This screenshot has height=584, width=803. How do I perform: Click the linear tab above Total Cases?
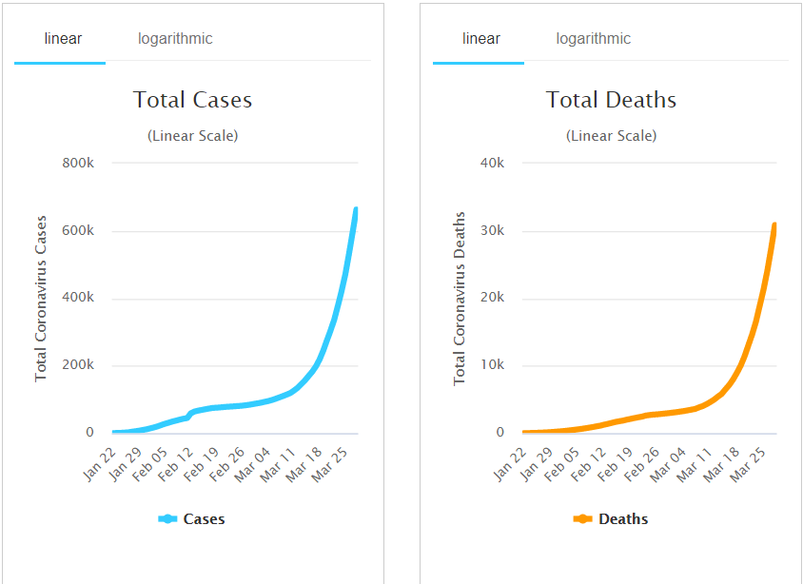point(63,39)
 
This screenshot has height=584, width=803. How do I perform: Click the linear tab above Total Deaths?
point(481,39)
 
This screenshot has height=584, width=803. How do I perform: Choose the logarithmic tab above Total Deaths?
point(594,39)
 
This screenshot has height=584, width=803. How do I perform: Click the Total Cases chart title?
point(192,100)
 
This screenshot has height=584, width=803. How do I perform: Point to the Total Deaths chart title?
point(611,100)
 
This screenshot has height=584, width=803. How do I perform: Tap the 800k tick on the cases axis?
point(78,163)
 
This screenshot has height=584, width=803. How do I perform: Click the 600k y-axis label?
point(78,230)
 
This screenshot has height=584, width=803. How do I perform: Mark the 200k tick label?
point(78,365)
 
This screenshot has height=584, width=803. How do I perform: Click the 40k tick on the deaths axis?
point(492,163)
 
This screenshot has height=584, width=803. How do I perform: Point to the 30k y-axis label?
point(492,230)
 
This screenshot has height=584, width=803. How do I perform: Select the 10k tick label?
point(492,365)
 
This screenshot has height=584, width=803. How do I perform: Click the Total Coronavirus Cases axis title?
point(41,298)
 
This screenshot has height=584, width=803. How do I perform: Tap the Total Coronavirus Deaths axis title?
point(460,298)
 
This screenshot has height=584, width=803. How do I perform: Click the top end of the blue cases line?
point(356,209)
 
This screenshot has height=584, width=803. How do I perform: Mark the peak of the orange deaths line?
point(774,225)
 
